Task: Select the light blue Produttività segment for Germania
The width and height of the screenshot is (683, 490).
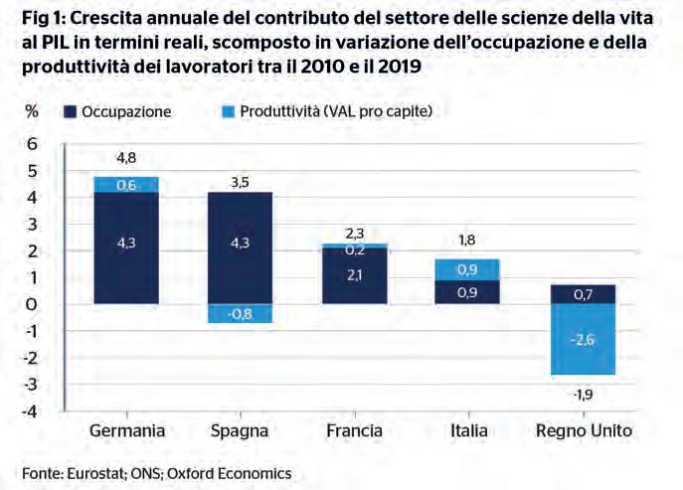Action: tap(126, 184)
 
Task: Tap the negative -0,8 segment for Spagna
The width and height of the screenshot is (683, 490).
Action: tap(240, 313)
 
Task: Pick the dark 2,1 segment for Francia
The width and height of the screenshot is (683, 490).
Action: tap(356, 275)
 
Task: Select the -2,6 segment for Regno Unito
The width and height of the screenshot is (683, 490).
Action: tap(585, 339)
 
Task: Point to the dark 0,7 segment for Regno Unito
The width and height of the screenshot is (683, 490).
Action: tap(585, 294)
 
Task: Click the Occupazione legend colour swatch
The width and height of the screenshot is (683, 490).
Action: tap(70, 111)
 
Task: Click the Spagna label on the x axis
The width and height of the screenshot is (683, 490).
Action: tap(240, 431)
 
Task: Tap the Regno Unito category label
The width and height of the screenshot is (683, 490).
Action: tap(585, 431)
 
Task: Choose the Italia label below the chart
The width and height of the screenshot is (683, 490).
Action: tap(467, 431)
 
